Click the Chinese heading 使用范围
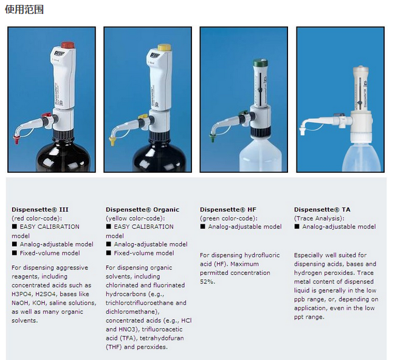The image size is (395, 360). pos(24,10)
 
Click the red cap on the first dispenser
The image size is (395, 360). pos(68,46)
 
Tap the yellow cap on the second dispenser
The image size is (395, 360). pos(164,47)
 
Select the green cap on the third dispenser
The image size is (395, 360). pos(260,63)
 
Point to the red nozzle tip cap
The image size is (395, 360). pos(16,139)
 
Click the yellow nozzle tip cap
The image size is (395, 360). pos(112,140)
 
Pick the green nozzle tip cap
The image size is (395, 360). pos(213,137)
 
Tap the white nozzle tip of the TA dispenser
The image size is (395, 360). pos(302,131)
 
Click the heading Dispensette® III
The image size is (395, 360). pos(39,210)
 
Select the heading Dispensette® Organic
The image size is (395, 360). pos(142,210)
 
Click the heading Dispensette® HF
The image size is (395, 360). pos(228,210)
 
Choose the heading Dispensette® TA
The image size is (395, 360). pos(322,210)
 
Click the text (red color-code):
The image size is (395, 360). pos(36,218)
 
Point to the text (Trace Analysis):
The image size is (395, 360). pos(319,218)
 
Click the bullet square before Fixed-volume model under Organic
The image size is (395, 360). pos(109,253)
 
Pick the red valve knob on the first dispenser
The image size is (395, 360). pos(47,115)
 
